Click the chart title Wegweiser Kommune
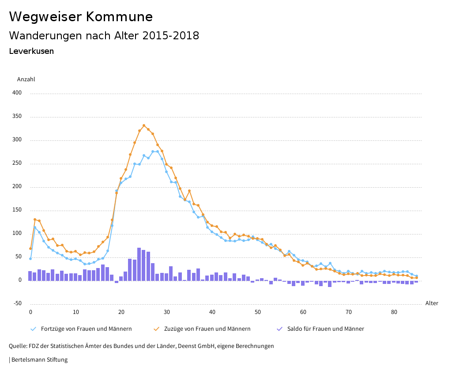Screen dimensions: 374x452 tap(81, 17)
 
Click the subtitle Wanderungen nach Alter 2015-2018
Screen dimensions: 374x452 tap(104, 36)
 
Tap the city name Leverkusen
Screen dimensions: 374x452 tap(31, 51)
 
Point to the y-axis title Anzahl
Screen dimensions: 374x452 tap(26, 79)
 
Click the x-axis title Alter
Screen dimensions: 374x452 tap(432, 303)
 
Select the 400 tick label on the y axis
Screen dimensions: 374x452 tap(17, 93)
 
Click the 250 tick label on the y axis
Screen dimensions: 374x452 tap(17, 163)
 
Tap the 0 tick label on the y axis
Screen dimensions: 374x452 tap(20, 280)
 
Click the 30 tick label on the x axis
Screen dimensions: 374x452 tap(167, 312)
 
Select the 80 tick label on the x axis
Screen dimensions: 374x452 tap(394, 312)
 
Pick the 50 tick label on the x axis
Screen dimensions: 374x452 tap(258, 312)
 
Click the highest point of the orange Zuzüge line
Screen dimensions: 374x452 tap(144, 125)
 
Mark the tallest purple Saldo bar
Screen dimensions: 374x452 tap(139, 264)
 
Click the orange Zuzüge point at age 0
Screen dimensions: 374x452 tap(30, 249)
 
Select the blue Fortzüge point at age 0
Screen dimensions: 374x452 tap(30, 259)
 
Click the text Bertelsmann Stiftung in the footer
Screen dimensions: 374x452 tap(39, 360)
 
